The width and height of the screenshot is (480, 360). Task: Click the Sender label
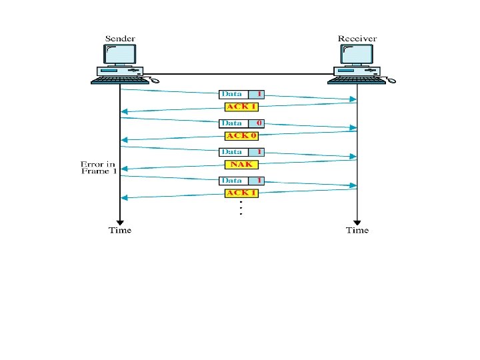[120, 38]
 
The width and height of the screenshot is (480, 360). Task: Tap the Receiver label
[357, 38]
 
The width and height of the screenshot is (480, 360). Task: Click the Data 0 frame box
[241, 123]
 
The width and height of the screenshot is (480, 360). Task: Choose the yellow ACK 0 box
[241, 135]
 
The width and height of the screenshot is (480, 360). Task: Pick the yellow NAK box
[241, 164]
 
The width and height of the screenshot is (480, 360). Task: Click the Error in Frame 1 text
[99, 167]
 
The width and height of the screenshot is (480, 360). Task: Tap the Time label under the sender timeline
[120, 231]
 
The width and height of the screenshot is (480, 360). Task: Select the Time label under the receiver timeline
[357, 231]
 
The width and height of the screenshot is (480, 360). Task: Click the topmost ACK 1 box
[241, 106]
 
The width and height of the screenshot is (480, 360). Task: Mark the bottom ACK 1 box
[241, 193]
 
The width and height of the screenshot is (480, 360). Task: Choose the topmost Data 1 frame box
[241, 94]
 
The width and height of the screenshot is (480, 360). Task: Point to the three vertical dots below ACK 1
[240, 209]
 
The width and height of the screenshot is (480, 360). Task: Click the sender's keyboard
[119, 80]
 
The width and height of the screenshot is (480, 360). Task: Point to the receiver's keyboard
[355, 80]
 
